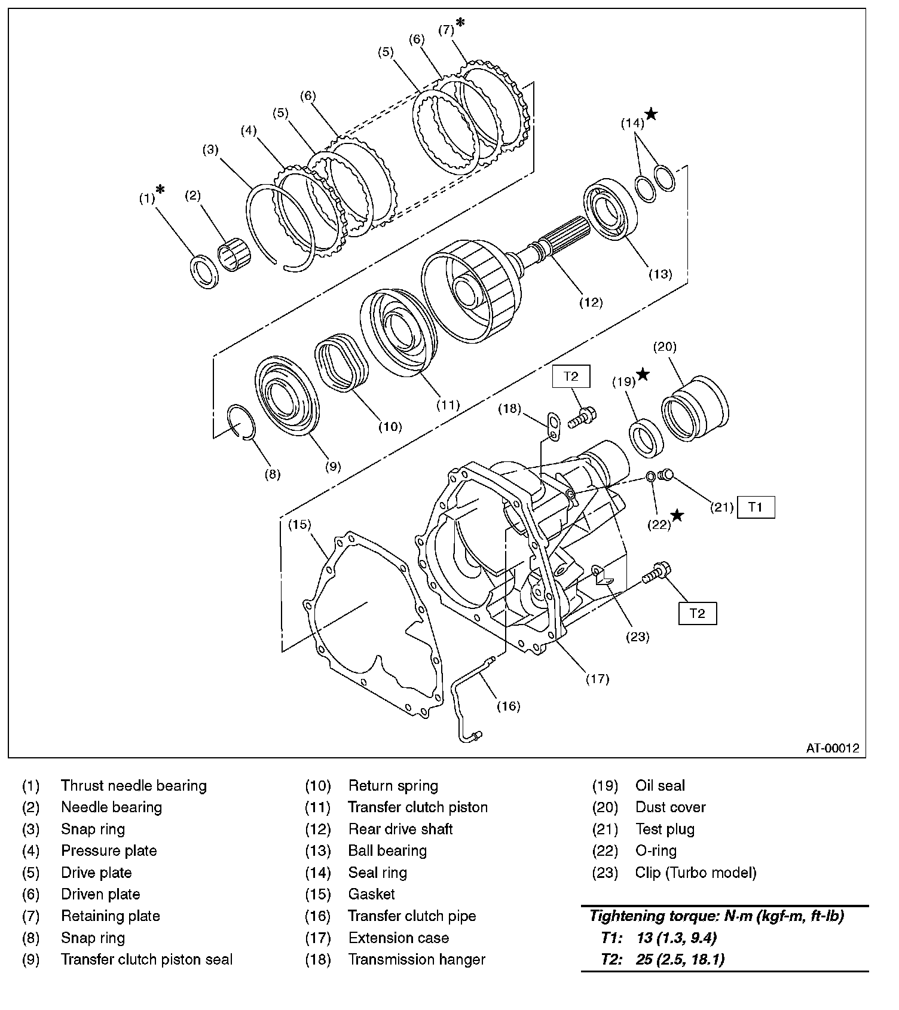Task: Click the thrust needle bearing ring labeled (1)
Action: point(204,271)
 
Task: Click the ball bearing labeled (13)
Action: point(613,209)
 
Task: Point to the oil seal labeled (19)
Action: point(646,439)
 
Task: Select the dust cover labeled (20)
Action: point(695,409)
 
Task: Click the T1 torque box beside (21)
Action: point(756,507)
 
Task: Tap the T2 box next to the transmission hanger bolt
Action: point(571,376)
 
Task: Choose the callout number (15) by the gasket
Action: point(299,524)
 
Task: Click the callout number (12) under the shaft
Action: point(591,302)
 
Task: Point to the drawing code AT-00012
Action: point(832,747)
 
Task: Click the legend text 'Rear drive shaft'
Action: point(400,829)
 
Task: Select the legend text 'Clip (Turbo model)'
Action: point(696,873)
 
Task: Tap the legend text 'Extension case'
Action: point(398,938)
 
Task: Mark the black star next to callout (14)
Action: point(651,114)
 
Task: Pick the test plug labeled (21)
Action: point(665,476)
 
